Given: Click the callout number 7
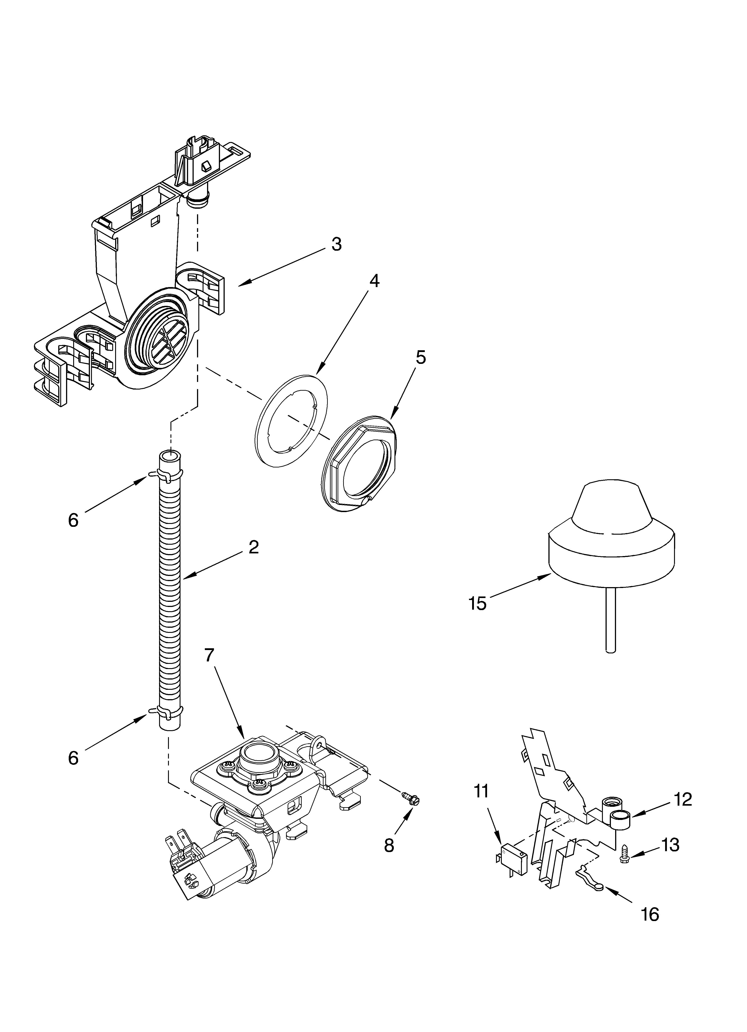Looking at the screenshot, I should (209, 655).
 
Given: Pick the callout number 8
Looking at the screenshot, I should (389, 845).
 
